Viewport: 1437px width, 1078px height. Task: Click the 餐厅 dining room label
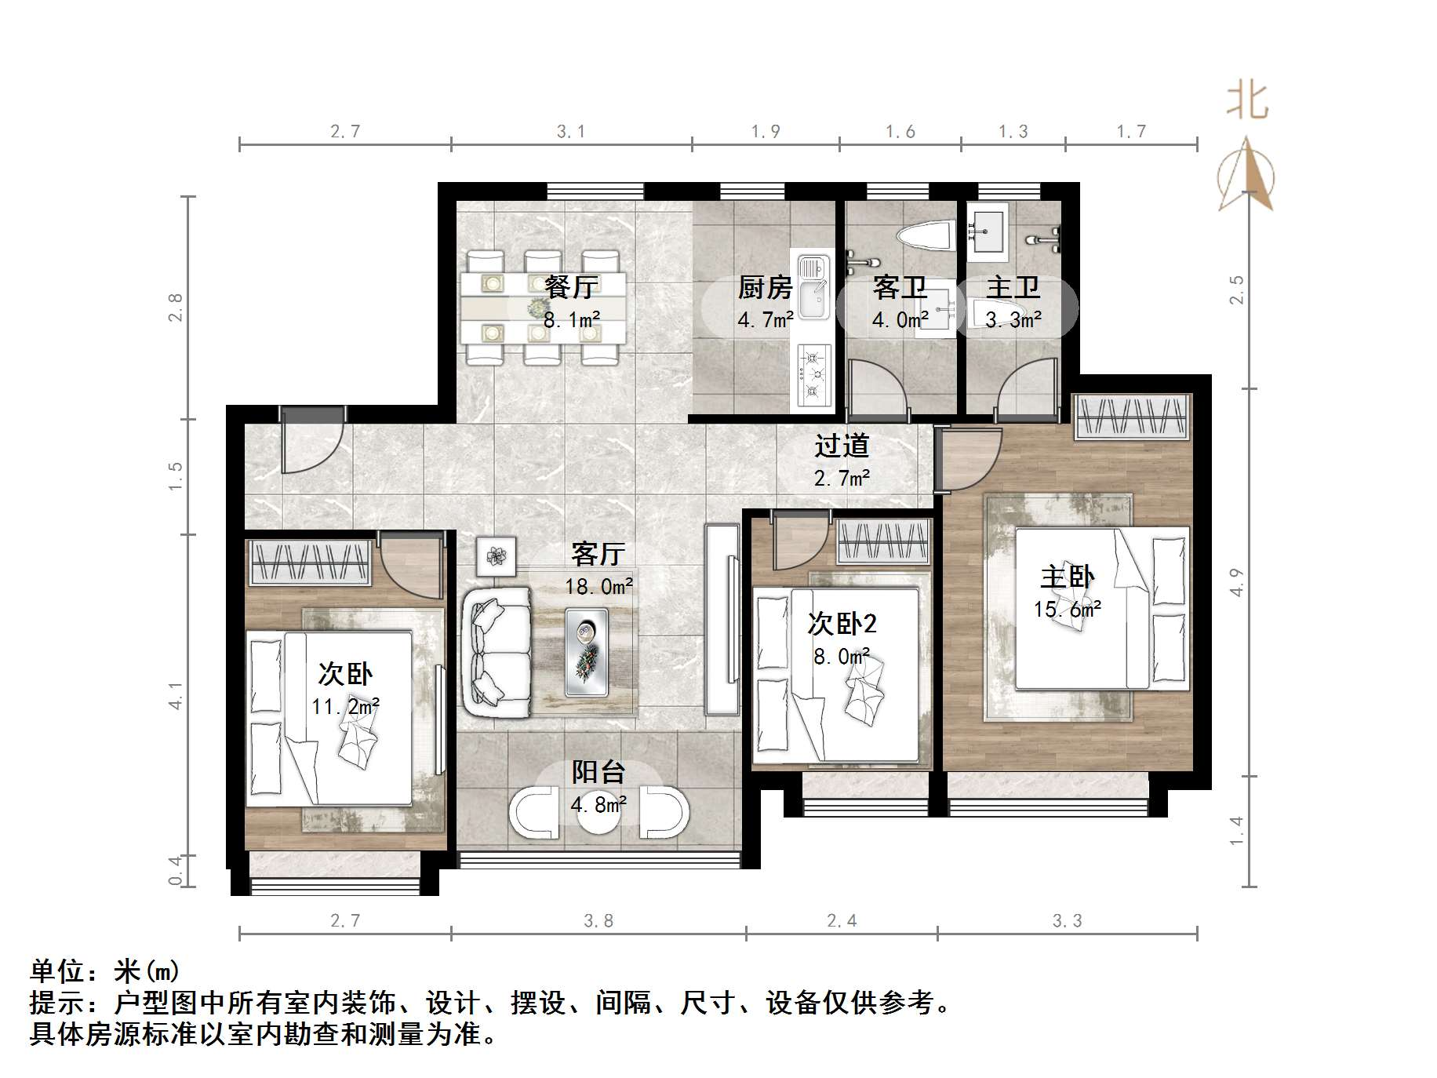(570, 287)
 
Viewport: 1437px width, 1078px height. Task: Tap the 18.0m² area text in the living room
(598, 586)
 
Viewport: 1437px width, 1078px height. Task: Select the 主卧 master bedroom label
(1067, 577)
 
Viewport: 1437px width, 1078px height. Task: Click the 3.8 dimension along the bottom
(598, 920)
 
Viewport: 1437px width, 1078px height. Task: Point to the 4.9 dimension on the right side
(1237, 581)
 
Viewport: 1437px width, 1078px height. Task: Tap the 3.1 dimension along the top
(571, 131)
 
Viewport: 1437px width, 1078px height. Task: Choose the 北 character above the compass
(1247, 101)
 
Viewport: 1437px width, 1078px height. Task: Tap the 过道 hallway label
(841, 446)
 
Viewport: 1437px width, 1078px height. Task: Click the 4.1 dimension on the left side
(176, 695)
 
